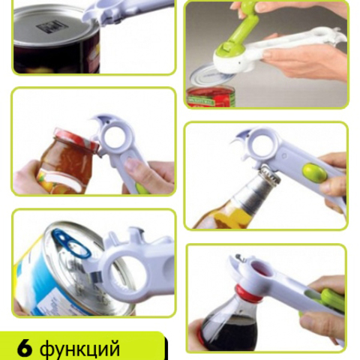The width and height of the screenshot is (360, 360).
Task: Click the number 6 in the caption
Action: coord(25,348)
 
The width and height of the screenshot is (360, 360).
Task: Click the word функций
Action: coord(79,349)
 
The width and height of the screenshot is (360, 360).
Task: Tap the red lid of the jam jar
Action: coord(75,139)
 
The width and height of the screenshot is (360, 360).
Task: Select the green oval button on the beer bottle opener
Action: coord(314,172)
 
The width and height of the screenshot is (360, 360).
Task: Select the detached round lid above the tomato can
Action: coord(212,76)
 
